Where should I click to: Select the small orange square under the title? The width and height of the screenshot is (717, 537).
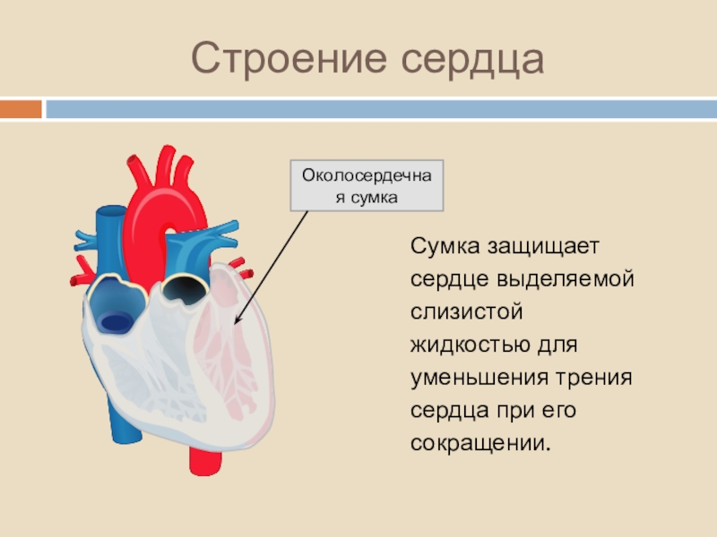[x=20, y=109]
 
